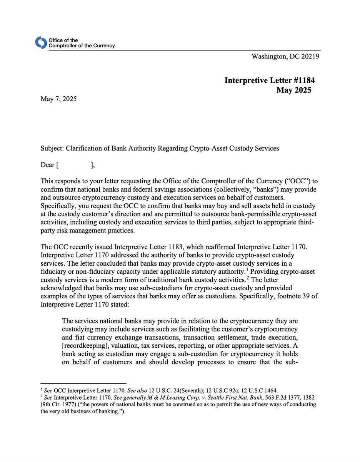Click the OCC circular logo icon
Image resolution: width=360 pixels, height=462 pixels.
pos(40,43)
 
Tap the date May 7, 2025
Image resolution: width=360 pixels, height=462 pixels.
pos(59,99)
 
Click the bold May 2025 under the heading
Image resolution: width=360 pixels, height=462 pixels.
pos(293,90)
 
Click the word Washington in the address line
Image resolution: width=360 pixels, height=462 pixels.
pos(268,57)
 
